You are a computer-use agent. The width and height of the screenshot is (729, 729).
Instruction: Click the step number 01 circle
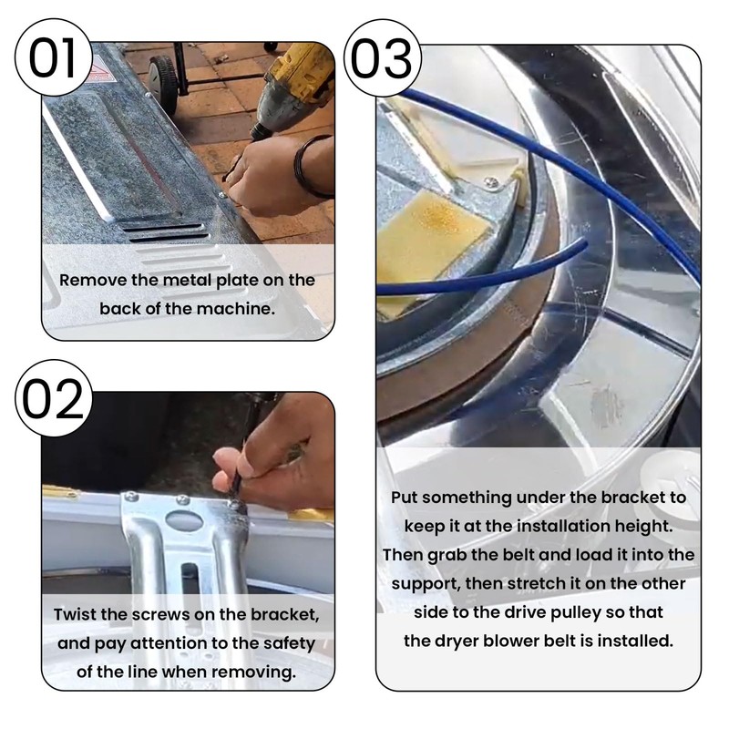point(53,57)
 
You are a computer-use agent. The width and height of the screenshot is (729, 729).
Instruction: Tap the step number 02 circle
point(54,398)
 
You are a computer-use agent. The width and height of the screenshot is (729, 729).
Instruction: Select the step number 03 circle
point(382,58)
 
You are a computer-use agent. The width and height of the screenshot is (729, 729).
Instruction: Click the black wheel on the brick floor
point(163,84)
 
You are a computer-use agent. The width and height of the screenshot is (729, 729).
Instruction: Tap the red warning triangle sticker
point(102,71)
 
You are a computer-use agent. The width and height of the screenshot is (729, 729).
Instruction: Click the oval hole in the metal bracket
point(185,520)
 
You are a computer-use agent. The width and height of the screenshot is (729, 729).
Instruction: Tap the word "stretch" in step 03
point(536,583)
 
